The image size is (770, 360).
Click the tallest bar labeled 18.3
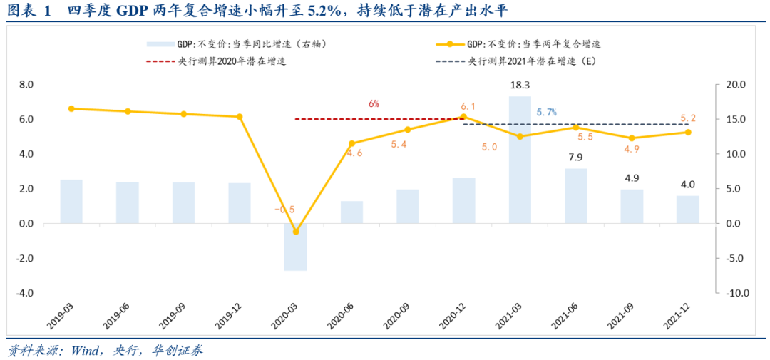point(520,160)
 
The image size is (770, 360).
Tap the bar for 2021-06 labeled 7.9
point(575,195)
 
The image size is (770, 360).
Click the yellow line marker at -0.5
point(296,232)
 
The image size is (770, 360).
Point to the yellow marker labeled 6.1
point(463,117)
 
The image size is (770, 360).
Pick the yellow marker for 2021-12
point(688,132)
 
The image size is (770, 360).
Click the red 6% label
point(374,103)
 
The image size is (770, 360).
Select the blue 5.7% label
point(546,112)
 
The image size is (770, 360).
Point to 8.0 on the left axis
point(26,84)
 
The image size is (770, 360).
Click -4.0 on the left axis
point(26,293)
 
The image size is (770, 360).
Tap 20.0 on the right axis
point(735,84)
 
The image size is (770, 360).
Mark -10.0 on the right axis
point(734,293)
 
